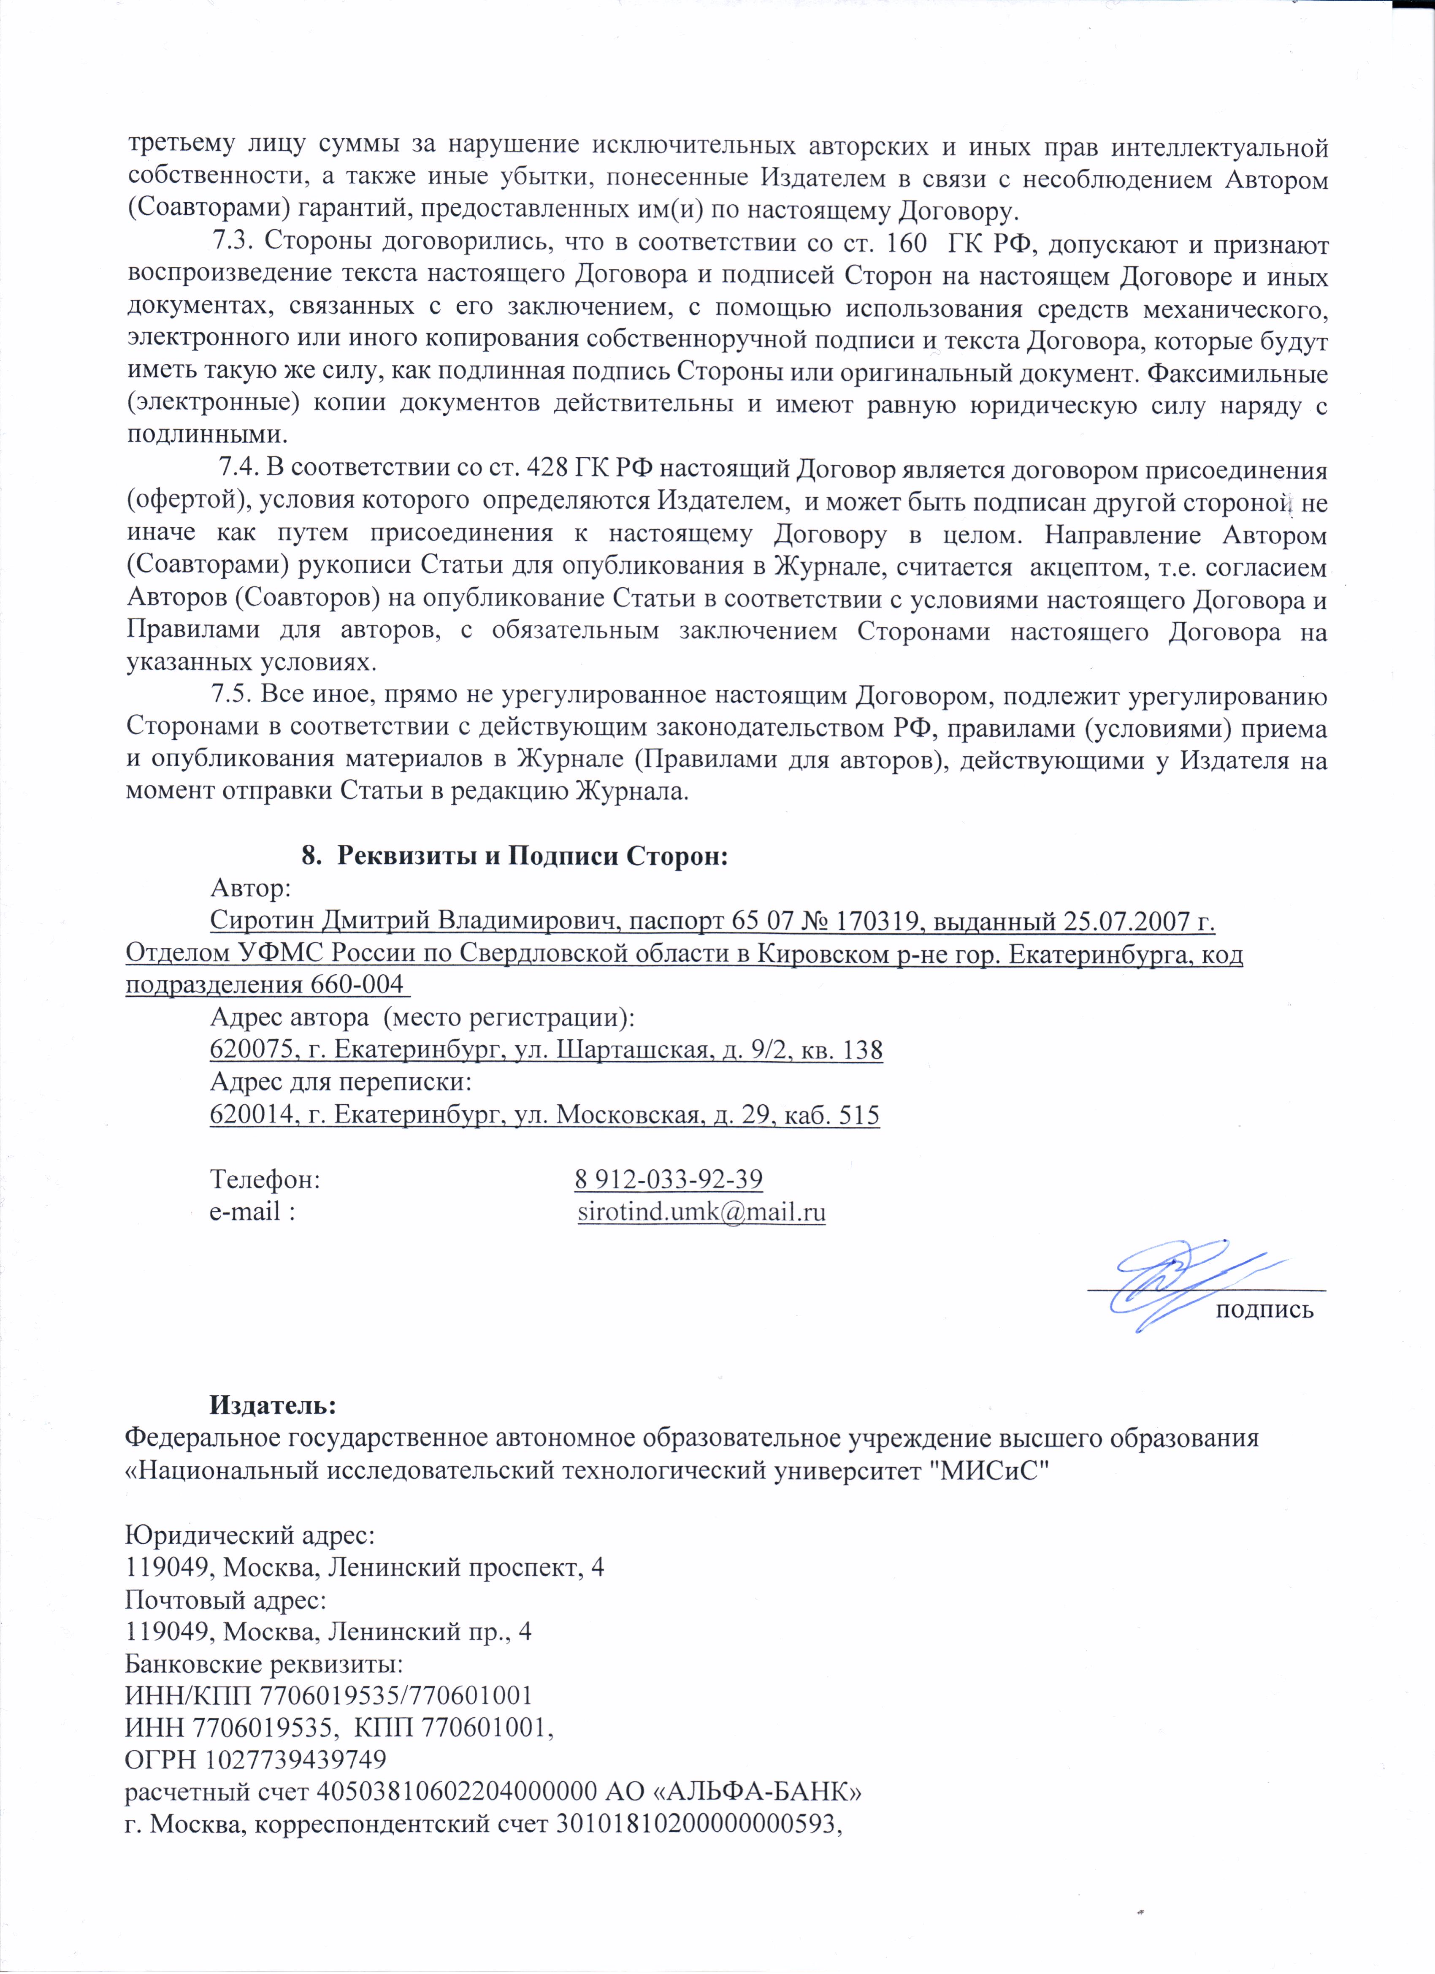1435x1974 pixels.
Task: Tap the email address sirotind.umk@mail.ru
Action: point(701,1212)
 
